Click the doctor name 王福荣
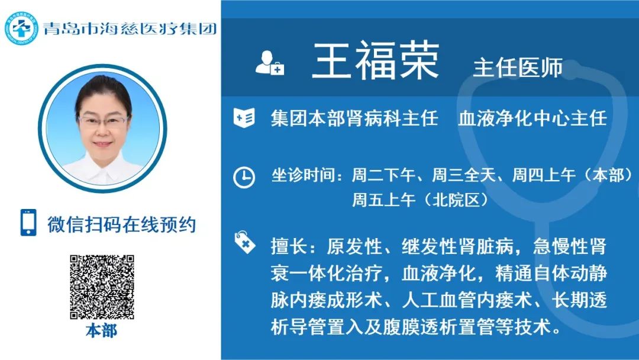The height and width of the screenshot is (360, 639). click(x=375, y=61)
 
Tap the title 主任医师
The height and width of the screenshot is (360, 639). click(x=518, y=67)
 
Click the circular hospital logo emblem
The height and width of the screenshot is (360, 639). click(x=21, y=28)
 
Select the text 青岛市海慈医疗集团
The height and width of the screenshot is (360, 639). click(x=130, y=28)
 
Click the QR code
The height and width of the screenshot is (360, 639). click(x=102, y=287)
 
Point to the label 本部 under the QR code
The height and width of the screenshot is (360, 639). click(x=102, y=330)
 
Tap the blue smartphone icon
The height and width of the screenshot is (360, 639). click(x=28, y=223)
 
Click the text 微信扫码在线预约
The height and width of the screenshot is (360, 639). click(x=122, y=224)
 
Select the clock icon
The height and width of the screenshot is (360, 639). click(x=244, y=178)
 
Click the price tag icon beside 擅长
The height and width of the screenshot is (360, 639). click(x=244, y=242)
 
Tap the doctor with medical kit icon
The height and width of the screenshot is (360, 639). click(x=269, y=63)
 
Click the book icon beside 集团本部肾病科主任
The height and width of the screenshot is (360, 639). click(x=244, y=118)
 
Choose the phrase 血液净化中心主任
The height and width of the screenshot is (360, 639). click(x=532, y=118)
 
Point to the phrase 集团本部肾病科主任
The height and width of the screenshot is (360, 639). click(x=354, y=118)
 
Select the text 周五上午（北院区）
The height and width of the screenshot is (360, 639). click(x=420, y=200)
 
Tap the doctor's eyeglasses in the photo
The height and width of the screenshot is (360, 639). click(x=103, y=121)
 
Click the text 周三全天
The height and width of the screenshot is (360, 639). click(x=463, y=175)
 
